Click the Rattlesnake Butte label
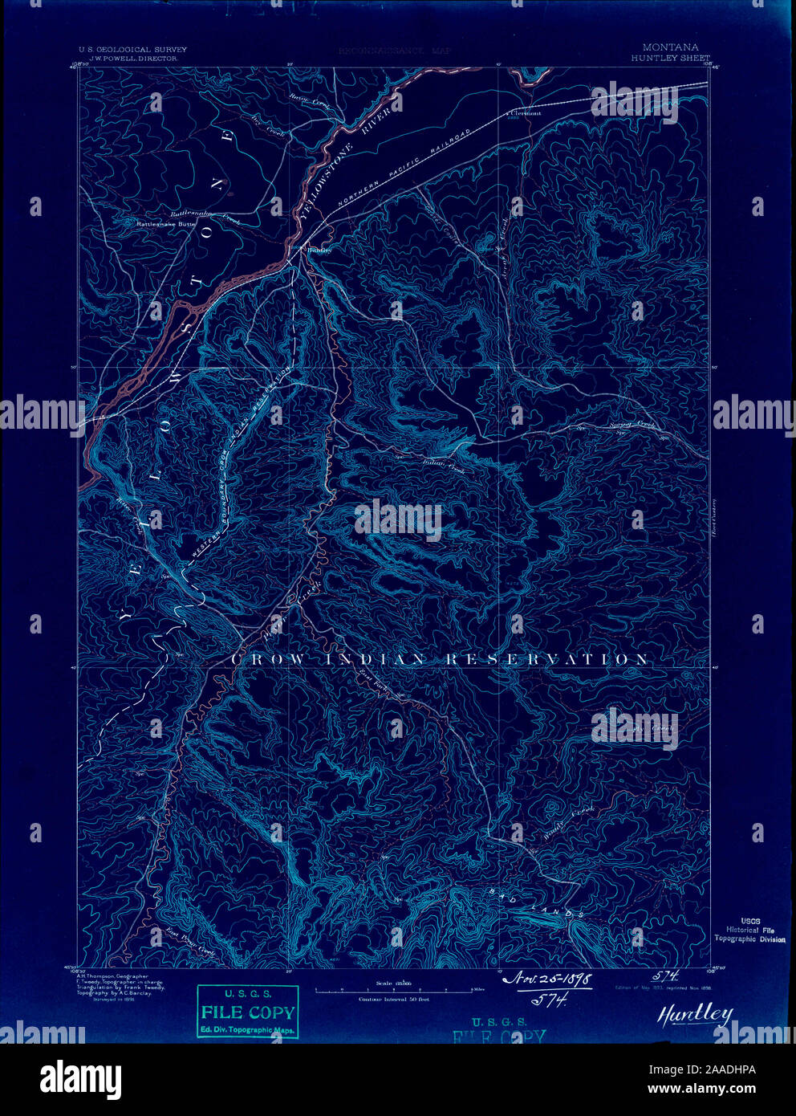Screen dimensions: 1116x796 tap(166, 226)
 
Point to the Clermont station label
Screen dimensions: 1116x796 tap(526, 113)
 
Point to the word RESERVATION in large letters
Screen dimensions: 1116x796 tap(547, 659)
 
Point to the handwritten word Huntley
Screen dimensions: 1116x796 tap(695, 1014)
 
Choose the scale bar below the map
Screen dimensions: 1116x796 tap(393, 992)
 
